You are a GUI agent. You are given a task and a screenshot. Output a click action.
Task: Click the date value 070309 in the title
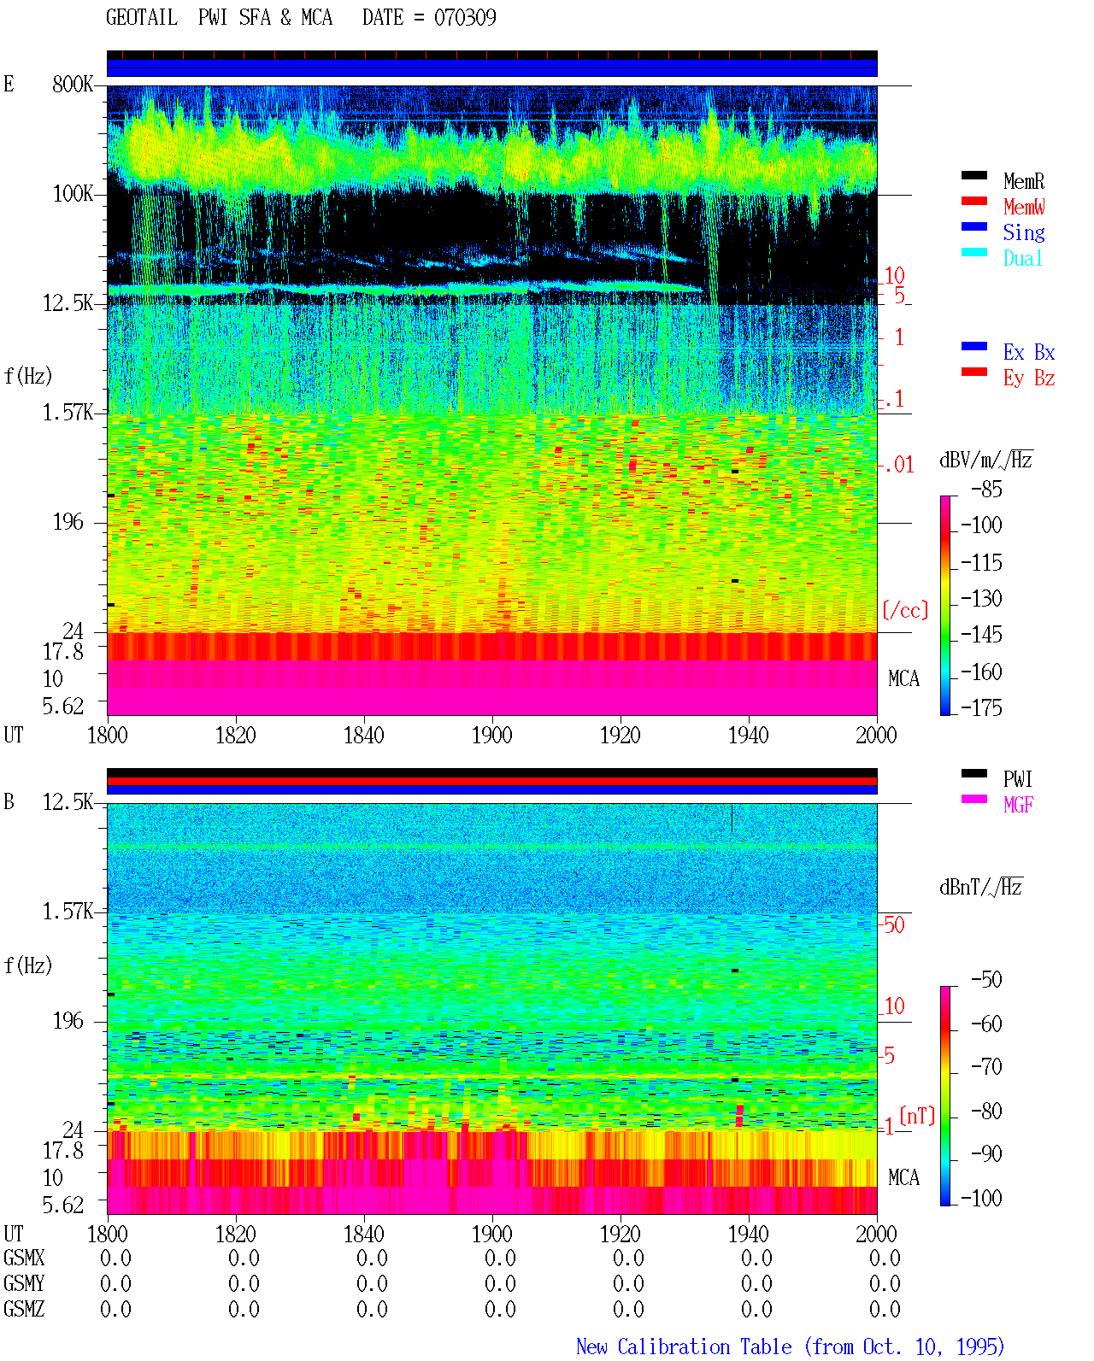click(x=465, y=18)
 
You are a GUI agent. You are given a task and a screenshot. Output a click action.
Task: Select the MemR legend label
click(x=1023, y=181)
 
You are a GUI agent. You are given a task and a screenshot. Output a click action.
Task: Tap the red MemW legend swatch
click(x=973, y=201)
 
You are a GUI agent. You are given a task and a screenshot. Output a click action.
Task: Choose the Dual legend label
click(x=1022, y=258)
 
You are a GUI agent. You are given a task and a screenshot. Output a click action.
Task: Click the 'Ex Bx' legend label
click(x=1028, y=352)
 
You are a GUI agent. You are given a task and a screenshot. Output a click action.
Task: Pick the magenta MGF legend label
click(x=1018, y=805)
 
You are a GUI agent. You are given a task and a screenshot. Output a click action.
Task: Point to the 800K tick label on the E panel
click(x=73, y=84)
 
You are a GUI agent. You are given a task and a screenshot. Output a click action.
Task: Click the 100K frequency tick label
click(x=73, y=194)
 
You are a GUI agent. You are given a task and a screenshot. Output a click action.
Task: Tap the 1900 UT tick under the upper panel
click(x=491, y=735)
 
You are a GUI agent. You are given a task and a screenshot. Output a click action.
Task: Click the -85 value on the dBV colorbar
click(x=986, y=489)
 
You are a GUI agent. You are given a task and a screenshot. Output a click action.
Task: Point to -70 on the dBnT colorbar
click(x=986, y=1066)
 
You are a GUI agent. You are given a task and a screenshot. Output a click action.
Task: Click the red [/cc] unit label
click(x=905, y=610)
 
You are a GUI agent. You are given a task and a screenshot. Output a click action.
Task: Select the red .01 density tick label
click(x=898, y=466)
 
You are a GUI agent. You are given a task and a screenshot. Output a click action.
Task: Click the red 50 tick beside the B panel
click(x=894, y=924)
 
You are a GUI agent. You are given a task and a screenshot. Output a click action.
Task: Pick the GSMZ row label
click(x=24, y=1309)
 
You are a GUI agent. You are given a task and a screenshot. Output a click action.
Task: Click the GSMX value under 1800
click(x=115, y=1258)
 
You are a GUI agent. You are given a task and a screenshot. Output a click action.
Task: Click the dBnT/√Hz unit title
click(x=980, y=888)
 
